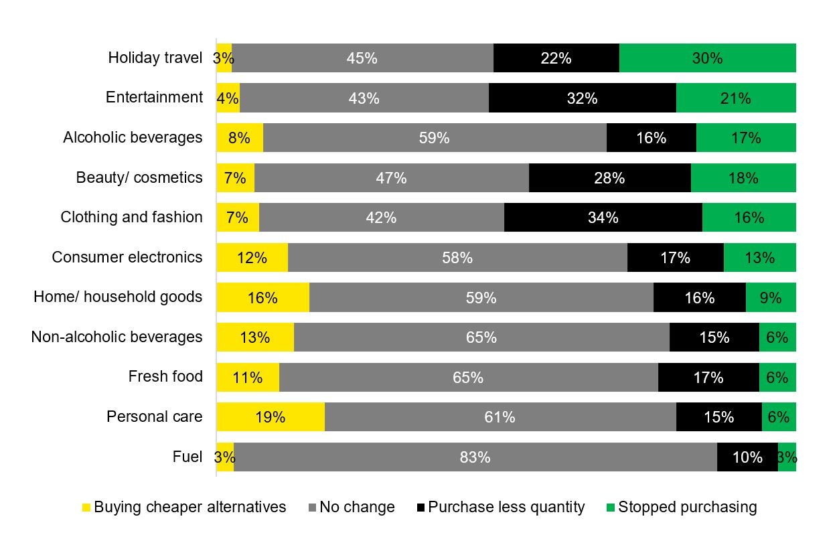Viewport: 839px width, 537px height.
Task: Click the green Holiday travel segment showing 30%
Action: point(707,58)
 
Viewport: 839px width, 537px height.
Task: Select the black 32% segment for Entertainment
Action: point(582,98)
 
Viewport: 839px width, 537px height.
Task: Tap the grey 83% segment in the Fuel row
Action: point(475,457)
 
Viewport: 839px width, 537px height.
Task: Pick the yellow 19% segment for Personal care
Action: point(270,417)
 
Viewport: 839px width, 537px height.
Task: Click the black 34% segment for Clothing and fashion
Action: point(603,218)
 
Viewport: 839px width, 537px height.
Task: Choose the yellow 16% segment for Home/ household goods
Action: point(262,297)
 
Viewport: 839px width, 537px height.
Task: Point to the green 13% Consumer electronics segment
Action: point(759,258)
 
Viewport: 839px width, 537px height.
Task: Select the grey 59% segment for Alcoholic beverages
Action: point(434,138)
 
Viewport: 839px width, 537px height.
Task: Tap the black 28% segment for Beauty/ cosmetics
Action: point(609,178)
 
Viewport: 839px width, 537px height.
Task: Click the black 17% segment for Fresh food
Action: point(708,378)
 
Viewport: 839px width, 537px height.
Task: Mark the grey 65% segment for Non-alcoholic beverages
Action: point(481,337)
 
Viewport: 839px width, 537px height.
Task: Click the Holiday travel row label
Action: point(155,58)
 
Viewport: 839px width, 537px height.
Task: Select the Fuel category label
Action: point(187,457)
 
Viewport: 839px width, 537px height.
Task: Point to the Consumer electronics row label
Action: point(127,258)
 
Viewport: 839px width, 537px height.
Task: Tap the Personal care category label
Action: point(155,417)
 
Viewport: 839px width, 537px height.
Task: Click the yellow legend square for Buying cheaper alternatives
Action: point(86,508)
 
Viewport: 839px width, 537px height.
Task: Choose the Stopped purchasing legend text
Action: point(687,507)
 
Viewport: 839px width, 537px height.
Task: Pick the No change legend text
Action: point(357,507)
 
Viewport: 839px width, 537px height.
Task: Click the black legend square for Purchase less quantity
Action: point(421,508)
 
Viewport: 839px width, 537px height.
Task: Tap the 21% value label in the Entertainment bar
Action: point(735,98)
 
